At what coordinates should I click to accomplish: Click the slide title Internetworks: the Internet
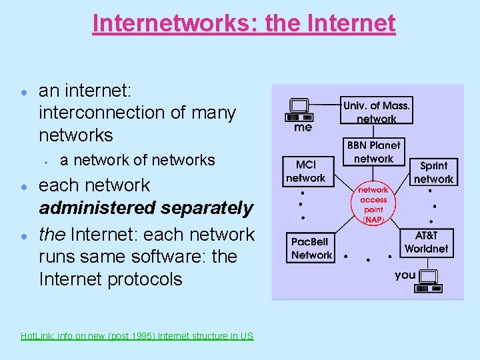click(x=244, y=23)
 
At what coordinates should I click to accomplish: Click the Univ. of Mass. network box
click(x=376, y=111)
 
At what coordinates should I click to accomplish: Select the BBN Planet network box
click(x=373, y=151)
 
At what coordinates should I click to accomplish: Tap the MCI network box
click(x=305, y=171)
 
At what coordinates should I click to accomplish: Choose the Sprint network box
click(x=433, y=172)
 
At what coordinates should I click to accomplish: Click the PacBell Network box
click(x=311, y=249)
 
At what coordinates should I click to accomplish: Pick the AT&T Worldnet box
click(x=426, y=243)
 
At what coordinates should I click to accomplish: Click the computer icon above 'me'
click(x=299, y=109)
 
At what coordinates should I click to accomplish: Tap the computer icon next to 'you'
click(x=427, y=281)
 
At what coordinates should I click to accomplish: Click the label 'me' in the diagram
click(x=303, y=127)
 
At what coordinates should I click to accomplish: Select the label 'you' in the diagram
click(x=405, y=275)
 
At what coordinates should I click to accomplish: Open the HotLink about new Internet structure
click(x=137, y=336)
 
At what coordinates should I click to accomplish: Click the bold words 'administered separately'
click(x=146, y=209)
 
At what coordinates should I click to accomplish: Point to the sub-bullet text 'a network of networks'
click(x=137, y=160)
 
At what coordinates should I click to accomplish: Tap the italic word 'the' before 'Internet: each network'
click(x=52, y=235)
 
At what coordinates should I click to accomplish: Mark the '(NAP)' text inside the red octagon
click(x=373, y=219)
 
